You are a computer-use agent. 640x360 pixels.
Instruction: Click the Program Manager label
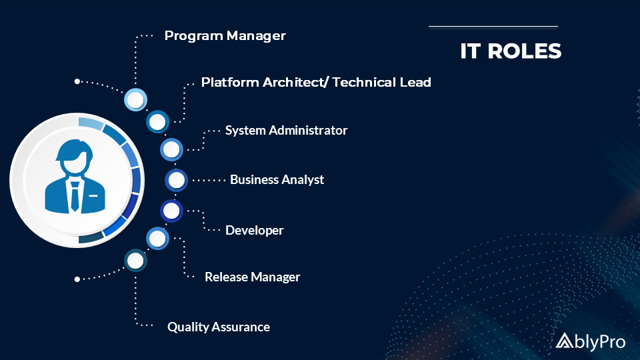[225, 36]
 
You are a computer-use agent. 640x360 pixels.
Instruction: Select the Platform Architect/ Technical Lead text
[316, 83]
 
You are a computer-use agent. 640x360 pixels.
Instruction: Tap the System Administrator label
[286, 130]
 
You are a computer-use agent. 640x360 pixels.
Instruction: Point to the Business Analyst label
[277, 179]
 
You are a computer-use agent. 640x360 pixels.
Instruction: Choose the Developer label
[254, 230]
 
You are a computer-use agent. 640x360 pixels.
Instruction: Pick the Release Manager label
[252, 277]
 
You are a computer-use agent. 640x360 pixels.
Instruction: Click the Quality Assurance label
[219, 327]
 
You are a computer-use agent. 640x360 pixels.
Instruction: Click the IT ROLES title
[511, 51]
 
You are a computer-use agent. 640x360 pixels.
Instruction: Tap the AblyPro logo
[590, 341]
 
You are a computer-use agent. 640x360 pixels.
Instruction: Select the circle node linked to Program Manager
[135, 99]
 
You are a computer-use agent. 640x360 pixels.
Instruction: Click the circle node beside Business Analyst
[176, 180]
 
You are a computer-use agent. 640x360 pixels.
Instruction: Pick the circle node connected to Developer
[171, 211]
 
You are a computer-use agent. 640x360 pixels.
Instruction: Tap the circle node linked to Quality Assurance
[135, 261]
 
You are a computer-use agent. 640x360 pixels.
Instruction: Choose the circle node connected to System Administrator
[171, 149]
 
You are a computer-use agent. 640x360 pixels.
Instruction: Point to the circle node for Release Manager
[157, 239]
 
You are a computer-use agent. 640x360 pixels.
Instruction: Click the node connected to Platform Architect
[157, 121]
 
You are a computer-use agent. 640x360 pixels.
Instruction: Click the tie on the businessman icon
[75, 196]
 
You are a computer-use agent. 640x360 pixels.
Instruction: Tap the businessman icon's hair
[75, 149]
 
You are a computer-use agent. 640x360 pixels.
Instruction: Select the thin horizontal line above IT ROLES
[493, 27]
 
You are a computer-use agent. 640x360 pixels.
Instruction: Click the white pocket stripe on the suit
[93, 196]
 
